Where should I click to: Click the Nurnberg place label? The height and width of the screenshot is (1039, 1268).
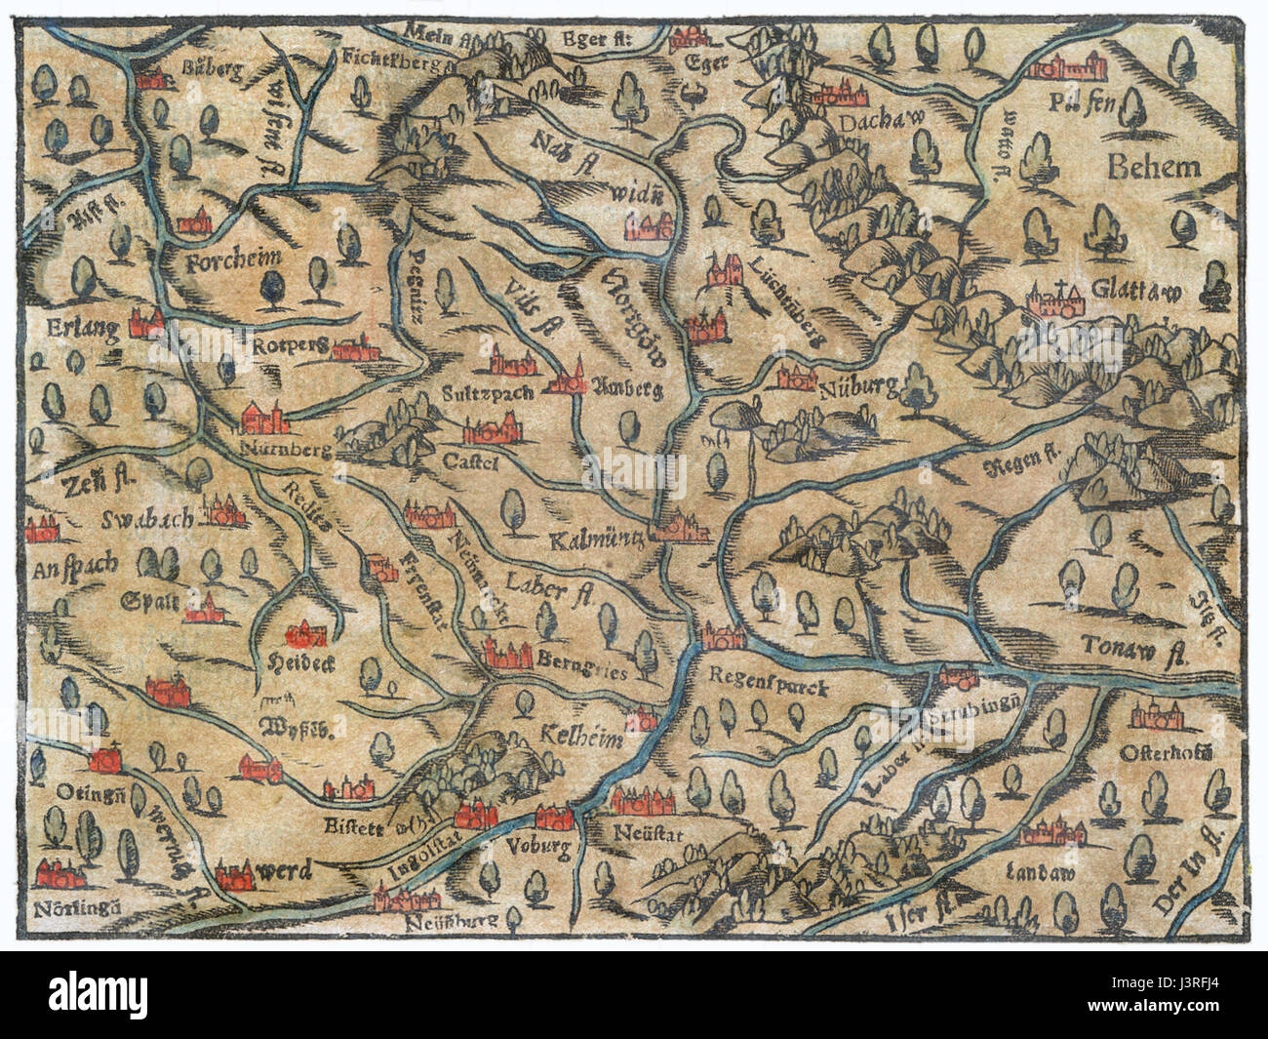286,452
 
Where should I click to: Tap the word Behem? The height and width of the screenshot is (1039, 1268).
1154,167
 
